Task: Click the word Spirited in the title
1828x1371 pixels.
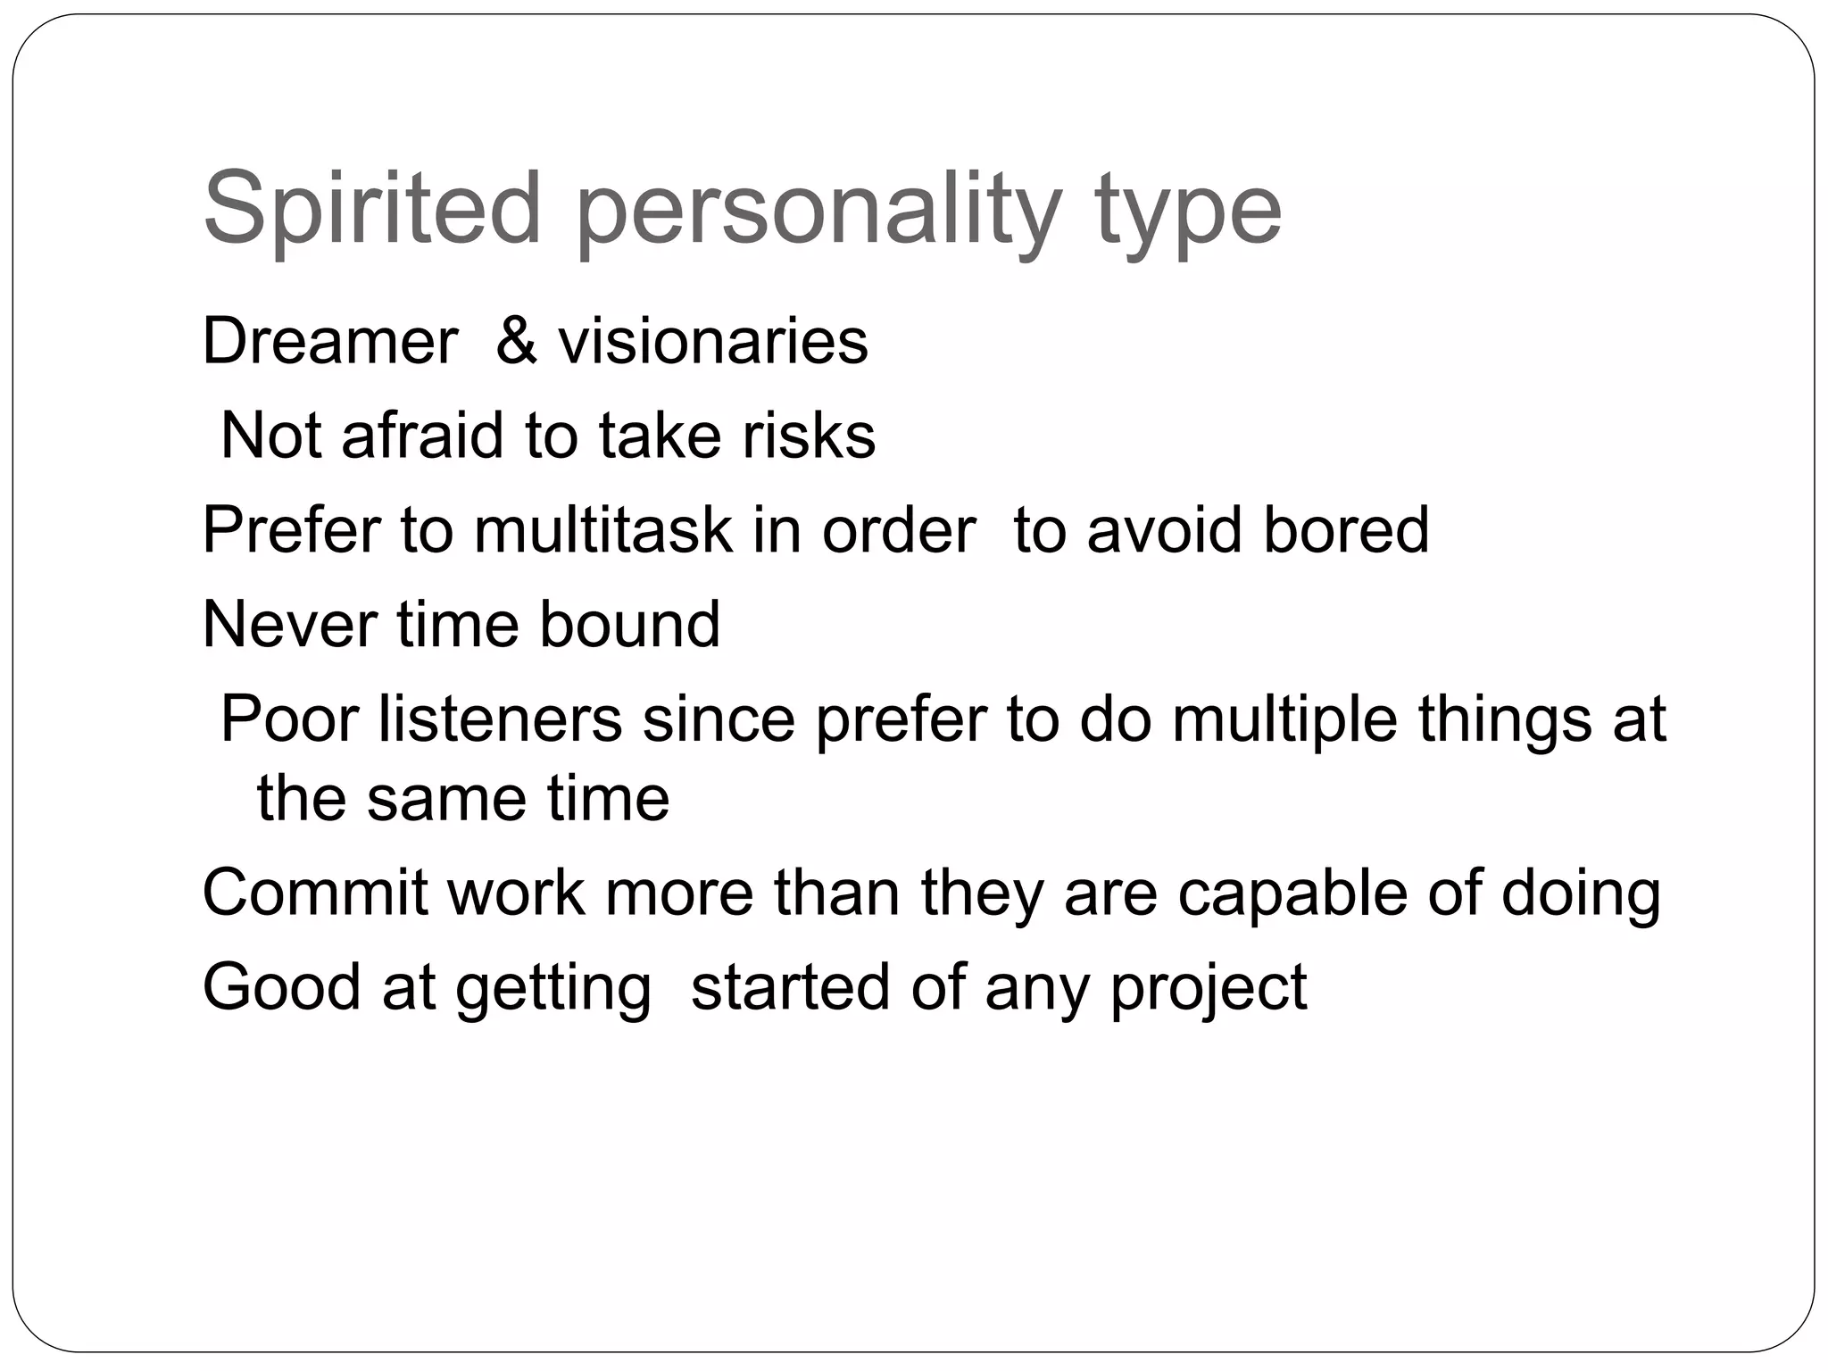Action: click(372, 210)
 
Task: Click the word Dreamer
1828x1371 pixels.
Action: click(329, 341)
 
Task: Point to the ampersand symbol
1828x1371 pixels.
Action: click(517, 341)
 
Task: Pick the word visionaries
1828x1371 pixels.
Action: click(713, 341)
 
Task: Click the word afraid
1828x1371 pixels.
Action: click(422, 436)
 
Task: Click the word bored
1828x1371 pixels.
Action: click(1346, 530)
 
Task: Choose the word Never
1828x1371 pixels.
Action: click(289, 624)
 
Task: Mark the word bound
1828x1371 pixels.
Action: click(629, 624)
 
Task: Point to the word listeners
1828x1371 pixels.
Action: click(500, 719)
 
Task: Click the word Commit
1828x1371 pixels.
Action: click(315, 892)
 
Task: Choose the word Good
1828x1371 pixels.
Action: click(281, 986)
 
